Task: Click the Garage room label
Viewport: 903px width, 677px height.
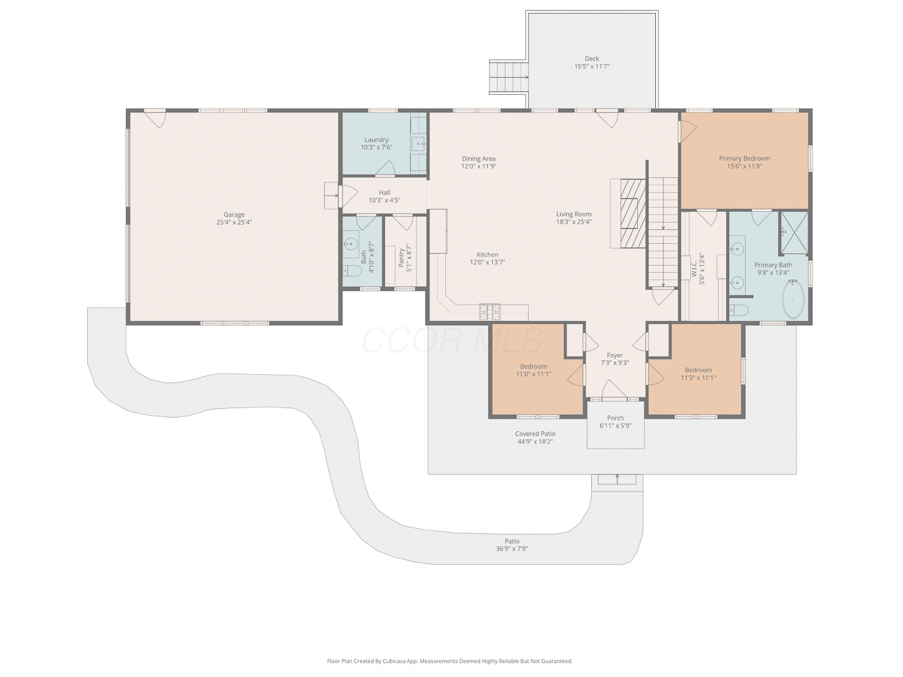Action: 234,214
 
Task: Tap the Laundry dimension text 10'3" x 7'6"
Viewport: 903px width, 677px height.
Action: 376,147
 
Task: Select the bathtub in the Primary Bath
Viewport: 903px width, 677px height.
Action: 793,299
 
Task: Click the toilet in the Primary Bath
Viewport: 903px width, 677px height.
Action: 739,310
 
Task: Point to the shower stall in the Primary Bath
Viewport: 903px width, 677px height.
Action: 794,233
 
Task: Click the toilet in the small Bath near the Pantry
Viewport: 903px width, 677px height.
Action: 352,270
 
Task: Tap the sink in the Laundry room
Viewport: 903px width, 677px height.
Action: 419,144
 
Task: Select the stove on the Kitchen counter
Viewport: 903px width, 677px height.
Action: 490,312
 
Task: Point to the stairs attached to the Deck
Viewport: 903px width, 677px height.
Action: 508,77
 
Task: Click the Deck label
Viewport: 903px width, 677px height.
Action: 591,58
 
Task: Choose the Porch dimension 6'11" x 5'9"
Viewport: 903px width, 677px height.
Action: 615,426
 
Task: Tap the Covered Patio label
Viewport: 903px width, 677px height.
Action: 535,434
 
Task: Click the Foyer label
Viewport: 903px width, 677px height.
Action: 615,355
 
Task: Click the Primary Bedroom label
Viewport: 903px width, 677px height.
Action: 744,158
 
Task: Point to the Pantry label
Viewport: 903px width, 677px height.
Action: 401,258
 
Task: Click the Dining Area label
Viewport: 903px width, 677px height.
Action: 478,158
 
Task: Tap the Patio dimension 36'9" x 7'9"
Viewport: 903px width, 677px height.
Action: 512,548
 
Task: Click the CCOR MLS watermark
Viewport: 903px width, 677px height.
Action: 451,340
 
